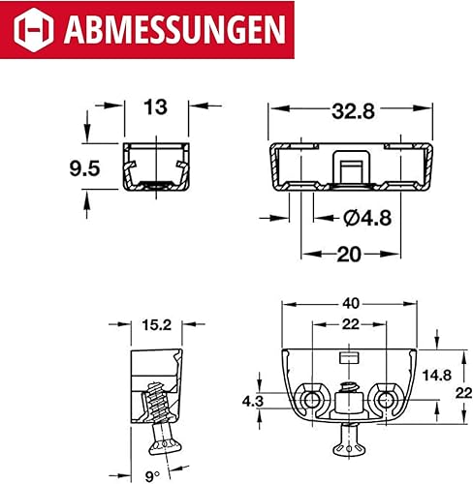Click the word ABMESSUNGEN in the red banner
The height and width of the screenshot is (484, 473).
[174, 29]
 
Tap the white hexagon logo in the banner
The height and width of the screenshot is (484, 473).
[34, 30]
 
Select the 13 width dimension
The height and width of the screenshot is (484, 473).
[156, 107]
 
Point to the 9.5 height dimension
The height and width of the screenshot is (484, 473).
[84, 168]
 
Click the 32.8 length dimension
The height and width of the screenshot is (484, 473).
[354, 111]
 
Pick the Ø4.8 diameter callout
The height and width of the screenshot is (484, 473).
[367, 218]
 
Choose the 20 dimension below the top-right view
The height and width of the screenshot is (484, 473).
[348, 255]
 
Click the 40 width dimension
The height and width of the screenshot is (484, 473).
[351, 303]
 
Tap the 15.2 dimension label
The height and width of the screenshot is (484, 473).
[157, 325]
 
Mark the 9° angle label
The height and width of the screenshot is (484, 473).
[152, 476]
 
